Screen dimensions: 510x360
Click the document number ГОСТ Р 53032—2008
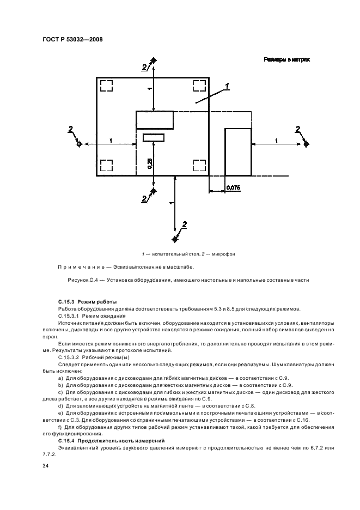click(x=72, y=39)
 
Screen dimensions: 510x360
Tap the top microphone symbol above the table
click(x=155, y=60)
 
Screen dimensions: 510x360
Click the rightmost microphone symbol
click(x=306, y=144)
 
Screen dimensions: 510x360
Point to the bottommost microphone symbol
click(x=175, y=239)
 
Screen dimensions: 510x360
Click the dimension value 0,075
click(x=233, y=187)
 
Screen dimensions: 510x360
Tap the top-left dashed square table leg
click(x=106, y=86)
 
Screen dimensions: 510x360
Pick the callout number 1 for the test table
click(x=227, y=84)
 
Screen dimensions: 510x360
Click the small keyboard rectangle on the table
click(x=154, y=137)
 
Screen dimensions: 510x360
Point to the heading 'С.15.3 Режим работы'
click(x=86, y=301)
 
